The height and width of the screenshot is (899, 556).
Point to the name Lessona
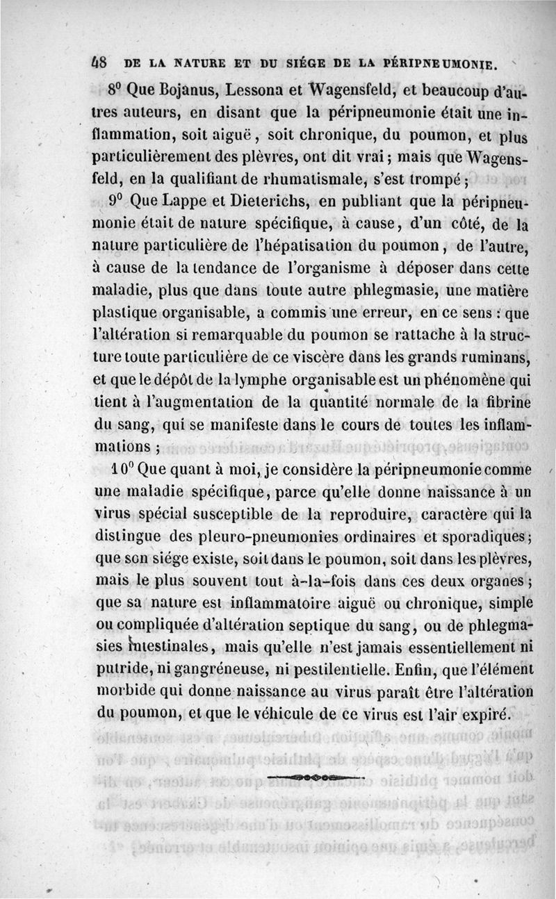coord(240,88)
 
